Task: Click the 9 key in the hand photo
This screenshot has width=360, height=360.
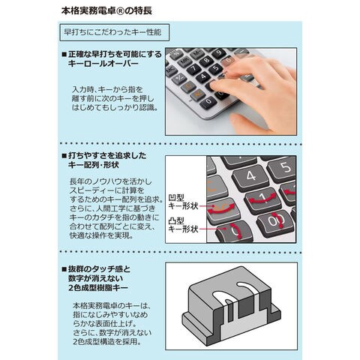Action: (219, 53)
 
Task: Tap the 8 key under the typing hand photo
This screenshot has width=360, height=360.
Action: (206, 61)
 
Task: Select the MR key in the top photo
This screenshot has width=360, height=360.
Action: (184, 61)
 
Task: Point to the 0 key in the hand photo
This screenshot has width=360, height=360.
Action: (208, 102)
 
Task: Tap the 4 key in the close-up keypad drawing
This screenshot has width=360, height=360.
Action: (250, 176)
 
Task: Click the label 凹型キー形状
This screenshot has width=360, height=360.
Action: (183, 202)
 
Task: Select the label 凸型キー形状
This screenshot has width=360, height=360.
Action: (183, 225)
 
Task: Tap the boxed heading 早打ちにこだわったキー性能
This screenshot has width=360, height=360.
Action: (114, 32)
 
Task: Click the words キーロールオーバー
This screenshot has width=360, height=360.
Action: (103, 64)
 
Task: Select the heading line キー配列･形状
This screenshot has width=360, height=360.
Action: (93, 165)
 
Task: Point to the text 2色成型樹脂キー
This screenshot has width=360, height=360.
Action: (98, 288)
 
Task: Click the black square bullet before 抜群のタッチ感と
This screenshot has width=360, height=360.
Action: (64, 269)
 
